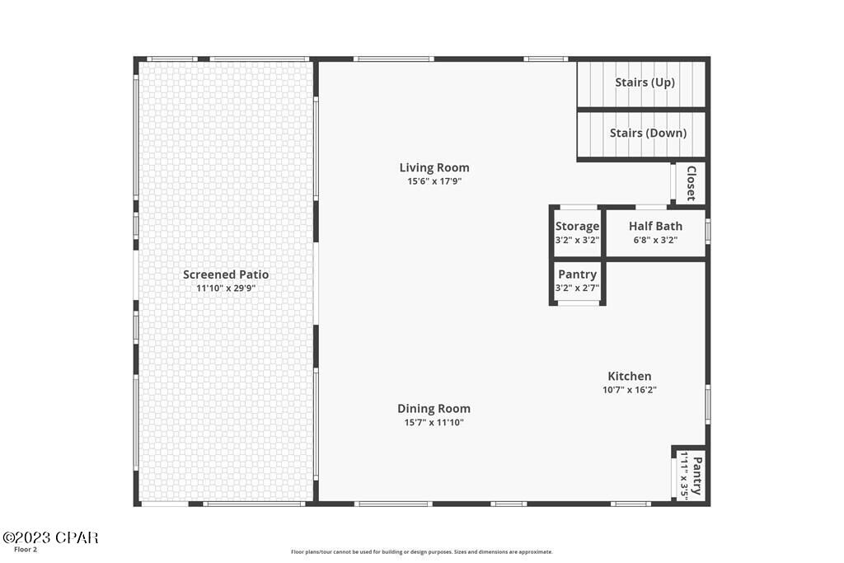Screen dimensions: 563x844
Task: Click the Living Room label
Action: [434, 167]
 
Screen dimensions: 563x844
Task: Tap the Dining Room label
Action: [434, 408]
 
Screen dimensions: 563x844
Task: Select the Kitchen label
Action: [629, 376]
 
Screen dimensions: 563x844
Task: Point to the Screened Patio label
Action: [225, 274]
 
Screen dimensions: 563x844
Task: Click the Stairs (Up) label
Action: [645, 82]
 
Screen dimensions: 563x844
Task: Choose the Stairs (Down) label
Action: [647, 133]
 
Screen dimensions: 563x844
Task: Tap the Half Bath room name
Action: [655, 226]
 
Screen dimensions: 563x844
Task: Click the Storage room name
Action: [577, 226]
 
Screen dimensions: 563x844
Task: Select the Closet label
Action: [691, 183]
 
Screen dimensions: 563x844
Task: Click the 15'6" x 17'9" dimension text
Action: [434, 181]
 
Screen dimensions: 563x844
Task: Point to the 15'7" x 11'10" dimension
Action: [434, 422]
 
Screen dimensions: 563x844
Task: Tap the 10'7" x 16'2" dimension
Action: [629, 390]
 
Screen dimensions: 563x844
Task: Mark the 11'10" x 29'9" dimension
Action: [225, 289]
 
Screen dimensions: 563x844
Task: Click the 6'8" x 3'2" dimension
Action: [655, 240]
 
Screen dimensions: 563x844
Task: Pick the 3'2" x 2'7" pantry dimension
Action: [577, 288]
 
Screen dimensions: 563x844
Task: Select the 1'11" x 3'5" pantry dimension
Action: [684, 476]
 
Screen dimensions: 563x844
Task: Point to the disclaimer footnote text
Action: [421, 552]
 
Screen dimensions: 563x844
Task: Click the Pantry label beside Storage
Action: [577, 274]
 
